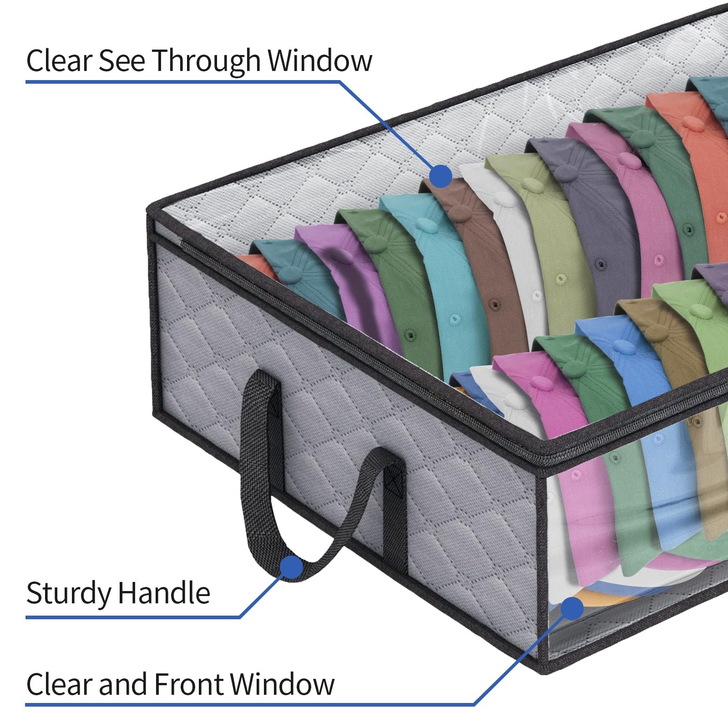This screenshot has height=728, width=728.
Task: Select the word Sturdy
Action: pos(69,593)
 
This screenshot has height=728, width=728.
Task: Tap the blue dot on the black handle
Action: pos(292,567)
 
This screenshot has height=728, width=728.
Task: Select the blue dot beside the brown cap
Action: pos(440,176)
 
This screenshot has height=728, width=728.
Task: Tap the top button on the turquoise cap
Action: pos(424,223)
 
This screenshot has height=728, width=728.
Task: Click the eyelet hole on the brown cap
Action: pos(493,302)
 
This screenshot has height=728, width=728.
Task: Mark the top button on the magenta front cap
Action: pos(538,381)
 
